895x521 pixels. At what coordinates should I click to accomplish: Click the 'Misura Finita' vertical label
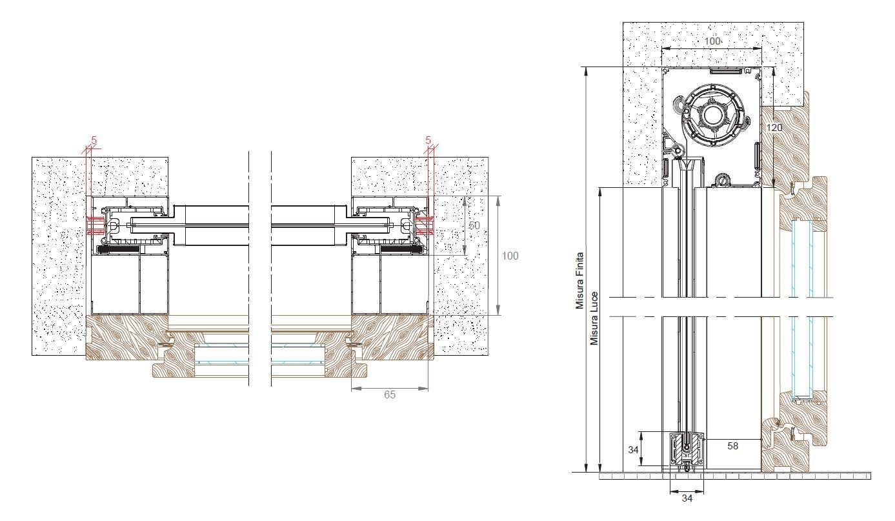(579, 281)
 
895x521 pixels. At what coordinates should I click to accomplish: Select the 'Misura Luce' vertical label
(594, 318)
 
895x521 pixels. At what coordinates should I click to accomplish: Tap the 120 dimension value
(774, 128)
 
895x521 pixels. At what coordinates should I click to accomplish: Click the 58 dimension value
(732, 446)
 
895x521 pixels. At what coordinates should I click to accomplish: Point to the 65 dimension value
(390, 394)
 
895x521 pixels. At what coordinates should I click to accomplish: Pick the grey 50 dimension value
(474, 225)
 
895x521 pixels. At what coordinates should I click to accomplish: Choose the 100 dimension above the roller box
(712, 41)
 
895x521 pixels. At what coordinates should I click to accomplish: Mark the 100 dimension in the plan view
(510, 256)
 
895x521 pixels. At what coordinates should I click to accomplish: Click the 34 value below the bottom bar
(687, 498)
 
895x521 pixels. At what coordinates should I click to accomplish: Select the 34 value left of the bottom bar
(633, 450)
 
